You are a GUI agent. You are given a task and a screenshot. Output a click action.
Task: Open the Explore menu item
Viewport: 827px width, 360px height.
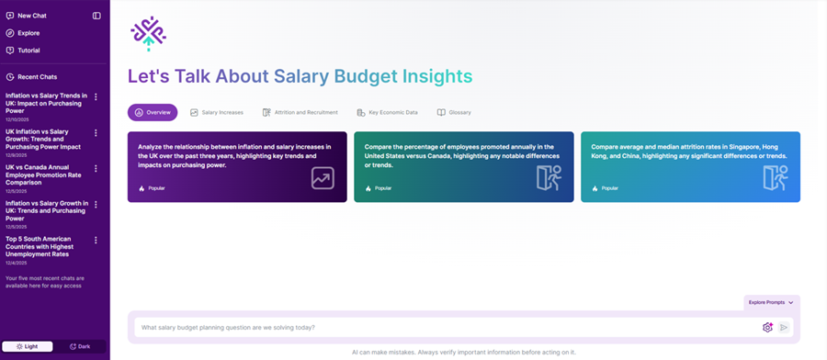(28, 33)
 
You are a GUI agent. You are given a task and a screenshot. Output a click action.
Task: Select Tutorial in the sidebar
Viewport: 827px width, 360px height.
(28, 51)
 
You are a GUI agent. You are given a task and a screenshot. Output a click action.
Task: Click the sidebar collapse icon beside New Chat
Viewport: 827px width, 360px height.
(96, 16)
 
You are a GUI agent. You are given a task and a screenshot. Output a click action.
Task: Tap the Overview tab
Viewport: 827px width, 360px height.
(153, 112)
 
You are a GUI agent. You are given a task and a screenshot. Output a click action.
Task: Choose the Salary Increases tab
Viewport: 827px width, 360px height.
(217, 112)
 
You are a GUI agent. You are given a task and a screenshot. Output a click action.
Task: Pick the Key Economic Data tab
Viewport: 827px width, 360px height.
(387, 112)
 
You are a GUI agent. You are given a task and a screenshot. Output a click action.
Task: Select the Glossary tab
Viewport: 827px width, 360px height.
(454, 112)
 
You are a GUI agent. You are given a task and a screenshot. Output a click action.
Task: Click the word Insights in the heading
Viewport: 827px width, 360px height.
(429, 76)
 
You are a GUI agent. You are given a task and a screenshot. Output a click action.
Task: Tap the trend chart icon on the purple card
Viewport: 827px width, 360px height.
(323, 178)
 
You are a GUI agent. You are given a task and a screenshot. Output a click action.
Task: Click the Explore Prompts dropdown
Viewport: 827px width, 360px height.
(771, 302)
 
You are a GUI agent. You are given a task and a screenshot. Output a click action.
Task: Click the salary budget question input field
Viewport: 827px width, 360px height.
(441, 327)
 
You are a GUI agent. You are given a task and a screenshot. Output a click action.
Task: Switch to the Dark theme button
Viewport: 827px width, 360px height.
(80, 346)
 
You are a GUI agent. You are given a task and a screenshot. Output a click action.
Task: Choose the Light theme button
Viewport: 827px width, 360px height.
(27, 346)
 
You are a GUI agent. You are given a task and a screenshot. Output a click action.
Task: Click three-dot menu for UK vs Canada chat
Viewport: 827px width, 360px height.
(96, 168)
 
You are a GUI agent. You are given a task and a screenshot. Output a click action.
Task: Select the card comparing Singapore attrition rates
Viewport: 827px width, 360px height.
(690, 166)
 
